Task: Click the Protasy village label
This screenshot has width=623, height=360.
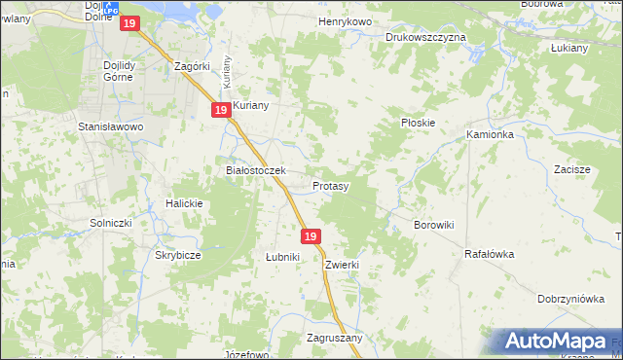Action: [x=331, y=185]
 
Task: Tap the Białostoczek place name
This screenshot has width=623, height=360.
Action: [x=255, y=170]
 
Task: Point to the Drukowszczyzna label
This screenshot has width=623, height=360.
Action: [x=425, y=37]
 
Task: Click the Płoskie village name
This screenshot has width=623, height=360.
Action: [x=418, y=124]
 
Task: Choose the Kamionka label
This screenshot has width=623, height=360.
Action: [x=490, y=134]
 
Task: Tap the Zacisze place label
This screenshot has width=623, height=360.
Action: [x=572, y=169]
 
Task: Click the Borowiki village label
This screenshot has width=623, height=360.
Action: [x=434, y=225]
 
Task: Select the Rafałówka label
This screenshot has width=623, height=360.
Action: [x=489, y=254]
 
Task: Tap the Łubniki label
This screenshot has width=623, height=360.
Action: [x=282, y=257]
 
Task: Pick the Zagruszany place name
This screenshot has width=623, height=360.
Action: [x=334, y=338]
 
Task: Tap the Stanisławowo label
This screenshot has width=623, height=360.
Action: [x=111, y=126]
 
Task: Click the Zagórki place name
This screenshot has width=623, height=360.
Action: [x=192, y=66]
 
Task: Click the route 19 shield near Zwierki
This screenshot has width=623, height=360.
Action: [x=311, y=236]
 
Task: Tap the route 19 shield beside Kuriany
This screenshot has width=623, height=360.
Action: [x=221, y=111]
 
